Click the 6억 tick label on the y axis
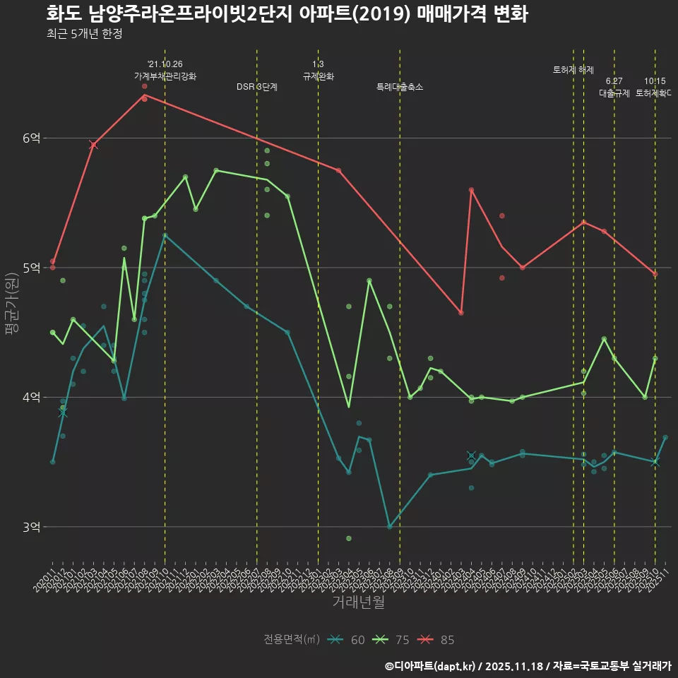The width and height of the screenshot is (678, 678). [x=31, y=138]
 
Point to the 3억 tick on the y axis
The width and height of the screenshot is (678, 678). [x=31, y=527]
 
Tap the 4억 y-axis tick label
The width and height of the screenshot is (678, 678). [x=31, y=398]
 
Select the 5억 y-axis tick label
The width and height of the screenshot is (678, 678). [x=31, y=268]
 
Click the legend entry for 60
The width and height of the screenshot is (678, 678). [x=347, y=640]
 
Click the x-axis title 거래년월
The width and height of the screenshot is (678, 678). [x=358, y=602]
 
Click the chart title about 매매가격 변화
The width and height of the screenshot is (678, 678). [x=287, y=14]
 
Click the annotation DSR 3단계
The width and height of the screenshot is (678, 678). [x=257, y=87]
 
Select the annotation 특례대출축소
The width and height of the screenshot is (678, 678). [x=400, y=87]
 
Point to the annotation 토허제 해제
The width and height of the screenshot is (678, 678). [x=573, y=70]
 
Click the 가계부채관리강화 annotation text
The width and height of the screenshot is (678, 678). [x=165, y=76]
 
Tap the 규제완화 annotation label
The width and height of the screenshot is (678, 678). [x=319, y=76]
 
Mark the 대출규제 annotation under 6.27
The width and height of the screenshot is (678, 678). [x=614, y=93]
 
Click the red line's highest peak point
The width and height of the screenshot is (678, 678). [x=144, y=95]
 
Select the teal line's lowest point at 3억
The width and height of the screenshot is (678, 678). [x=390, y=527]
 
